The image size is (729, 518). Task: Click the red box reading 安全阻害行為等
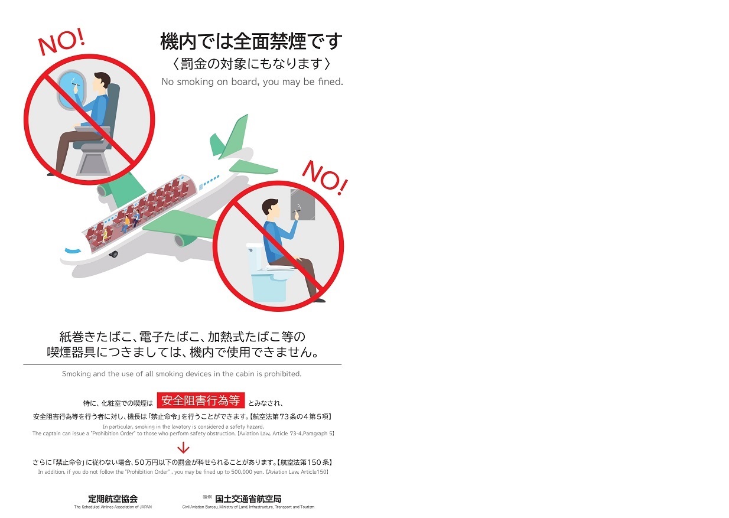click(x=200, y=400)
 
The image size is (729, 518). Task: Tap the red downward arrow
click(x=183, y=447)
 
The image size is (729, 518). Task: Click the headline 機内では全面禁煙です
click(x=251, y=41)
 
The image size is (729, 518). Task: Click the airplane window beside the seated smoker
click(x=71, y=90)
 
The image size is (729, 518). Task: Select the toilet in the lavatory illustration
click(x=268, y=273)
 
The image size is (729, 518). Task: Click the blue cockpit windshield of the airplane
click(x=73, y=250)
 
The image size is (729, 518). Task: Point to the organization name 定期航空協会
click(x=113, y=499)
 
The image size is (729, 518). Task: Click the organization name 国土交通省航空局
click(x=248, y=499)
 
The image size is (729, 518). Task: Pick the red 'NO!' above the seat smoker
click(x=61, y=41)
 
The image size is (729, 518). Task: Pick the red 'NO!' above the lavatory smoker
click(x=325, y=178)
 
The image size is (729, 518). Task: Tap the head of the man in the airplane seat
click(x=102, y=82)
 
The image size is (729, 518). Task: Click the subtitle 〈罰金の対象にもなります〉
click(x=251, y=63)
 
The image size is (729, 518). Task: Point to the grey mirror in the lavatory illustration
click(x=302, y=204)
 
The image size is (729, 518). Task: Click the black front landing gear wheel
click(x=113, y=254)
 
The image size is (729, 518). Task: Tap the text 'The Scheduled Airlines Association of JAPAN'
click(x=113, y=507)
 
